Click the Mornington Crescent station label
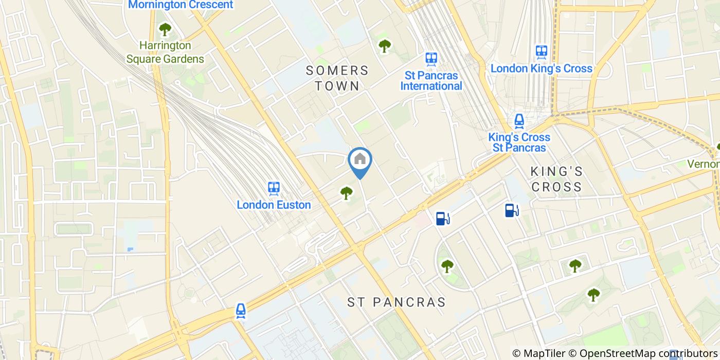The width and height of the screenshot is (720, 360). coord(180,5)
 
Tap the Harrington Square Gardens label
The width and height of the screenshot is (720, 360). coord(165,52)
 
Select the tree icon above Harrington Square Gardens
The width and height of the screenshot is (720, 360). coord(165,29)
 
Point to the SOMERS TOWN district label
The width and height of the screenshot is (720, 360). coord(337,78)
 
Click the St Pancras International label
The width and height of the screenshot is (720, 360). coord(431,81)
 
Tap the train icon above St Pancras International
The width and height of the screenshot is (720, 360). coord(431,59)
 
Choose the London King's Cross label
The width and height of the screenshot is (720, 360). coord(541,68)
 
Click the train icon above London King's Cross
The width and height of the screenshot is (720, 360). coord(541,51)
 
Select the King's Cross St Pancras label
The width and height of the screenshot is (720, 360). coord(519,142)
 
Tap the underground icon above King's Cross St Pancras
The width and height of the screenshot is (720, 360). coord(519,121)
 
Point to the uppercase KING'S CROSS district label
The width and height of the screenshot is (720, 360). coord(557,179)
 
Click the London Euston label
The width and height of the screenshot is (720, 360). coord(274,205)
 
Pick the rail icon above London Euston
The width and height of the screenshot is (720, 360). coord(274,188)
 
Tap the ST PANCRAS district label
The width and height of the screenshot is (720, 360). coord(396,302)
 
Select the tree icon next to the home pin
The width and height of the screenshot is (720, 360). coord(346,193)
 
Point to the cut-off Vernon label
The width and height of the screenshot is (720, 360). coord(704,164)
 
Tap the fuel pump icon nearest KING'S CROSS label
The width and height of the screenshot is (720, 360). coord(511,210)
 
